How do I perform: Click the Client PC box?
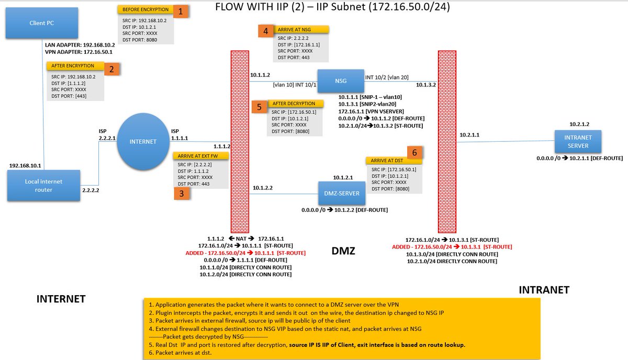pos(42,23)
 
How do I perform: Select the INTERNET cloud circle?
pos(143,142)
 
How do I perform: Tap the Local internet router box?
pos(44,185)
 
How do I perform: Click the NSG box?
pos(341,81)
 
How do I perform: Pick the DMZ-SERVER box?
pos(342,194)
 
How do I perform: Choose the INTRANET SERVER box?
pos(578,142)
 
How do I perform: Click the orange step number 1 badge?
pos(181,12)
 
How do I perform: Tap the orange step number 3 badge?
pos(182,194)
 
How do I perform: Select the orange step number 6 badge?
pos(414,152)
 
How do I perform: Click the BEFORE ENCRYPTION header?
pos(145,9)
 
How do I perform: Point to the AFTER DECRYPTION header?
pos(294,104)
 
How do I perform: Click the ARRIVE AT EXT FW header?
pos(198,156)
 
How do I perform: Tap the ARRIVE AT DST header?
pos(387,161)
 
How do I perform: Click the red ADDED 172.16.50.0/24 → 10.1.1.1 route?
pos(245,253)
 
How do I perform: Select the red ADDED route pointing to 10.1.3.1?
pos(452,247)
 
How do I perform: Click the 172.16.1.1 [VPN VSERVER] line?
pos(371,111)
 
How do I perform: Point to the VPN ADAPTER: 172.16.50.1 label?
pos(79,52)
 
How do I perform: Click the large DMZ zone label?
pos(343,251)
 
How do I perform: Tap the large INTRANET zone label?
pos(544,290)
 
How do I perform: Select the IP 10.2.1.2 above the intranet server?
pos(579,124)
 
